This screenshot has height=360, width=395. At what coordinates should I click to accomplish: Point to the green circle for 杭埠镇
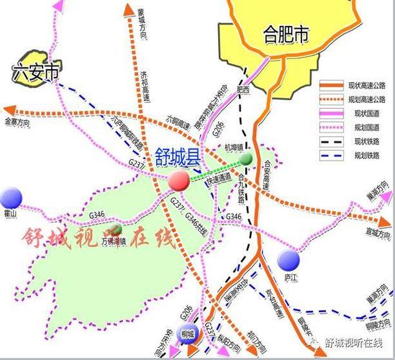[x=246, y=158]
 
